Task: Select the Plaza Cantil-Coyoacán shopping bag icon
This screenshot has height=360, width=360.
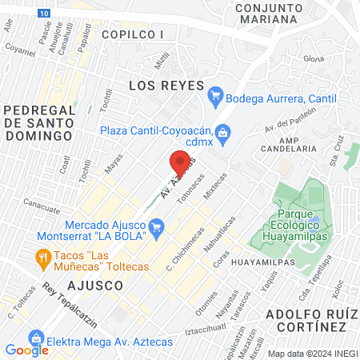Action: point(223,131)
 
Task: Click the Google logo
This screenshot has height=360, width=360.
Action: point(26,350)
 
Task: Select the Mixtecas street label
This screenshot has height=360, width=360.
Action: point(215,185)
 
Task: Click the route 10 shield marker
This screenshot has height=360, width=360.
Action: point(45,14)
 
